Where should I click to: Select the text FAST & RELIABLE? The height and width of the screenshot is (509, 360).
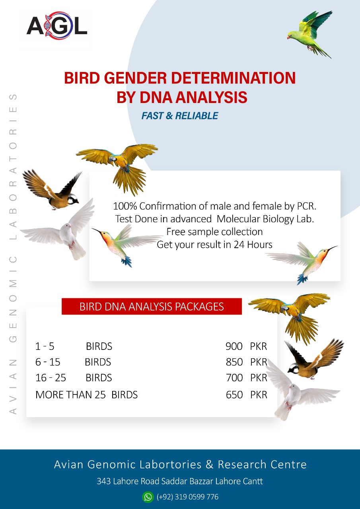(180, 116)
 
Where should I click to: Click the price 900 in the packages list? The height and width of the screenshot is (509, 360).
(234, 346)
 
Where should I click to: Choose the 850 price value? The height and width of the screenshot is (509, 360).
(234, 362)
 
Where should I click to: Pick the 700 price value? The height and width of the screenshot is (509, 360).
(234, 378)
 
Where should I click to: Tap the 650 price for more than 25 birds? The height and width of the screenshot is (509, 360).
(234, 395)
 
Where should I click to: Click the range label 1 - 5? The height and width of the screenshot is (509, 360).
(45, 346)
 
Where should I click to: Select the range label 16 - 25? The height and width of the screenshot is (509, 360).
(51, 378)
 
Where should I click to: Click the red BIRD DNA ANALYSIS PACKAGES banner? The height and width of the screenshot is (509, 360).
(152, 307)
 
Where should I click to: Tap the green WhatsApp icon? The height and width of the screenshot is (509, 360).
(148, 497)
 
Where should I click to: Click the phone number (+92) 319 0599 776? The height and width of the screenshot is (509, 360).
(187, 497)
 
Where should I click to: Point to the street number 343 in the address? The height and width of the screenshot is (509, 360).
(103, 481)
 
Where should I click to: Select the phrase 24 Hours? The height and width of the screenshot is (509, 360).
(253, 245)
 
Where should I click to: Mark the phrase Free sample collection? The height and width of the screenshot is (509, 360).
(214, 232)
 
